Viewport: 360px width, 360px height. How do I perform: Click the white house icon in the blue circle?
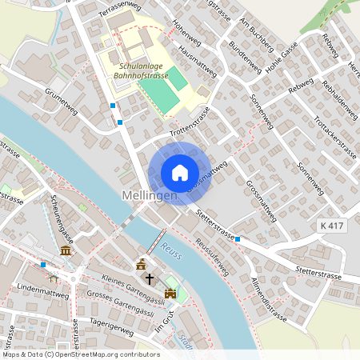pos(179,173)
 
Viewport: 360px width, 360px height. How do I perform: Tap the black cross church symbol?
pos(149,279)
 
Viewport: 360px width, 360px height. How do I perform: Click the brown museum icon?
pos(65,251)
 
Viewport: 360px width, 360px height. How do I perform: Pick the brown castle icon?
pos(170,294)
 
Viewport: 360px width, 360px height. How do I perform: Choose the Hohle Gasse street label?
pos(282,56)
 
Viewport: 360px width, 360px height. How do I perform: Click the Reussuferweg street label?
pos(211,255)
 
